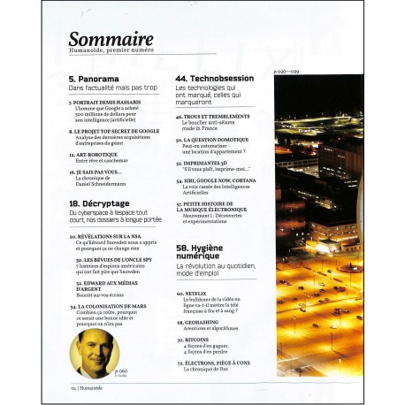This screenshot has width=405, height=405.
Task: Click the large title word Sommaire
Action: [x=111, y=39]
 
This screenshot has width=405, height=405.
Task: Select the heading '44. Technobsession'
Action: [x=217, y=79]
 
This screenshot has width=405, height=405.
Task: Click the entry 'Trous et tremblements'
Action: [x=208, y=115]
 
